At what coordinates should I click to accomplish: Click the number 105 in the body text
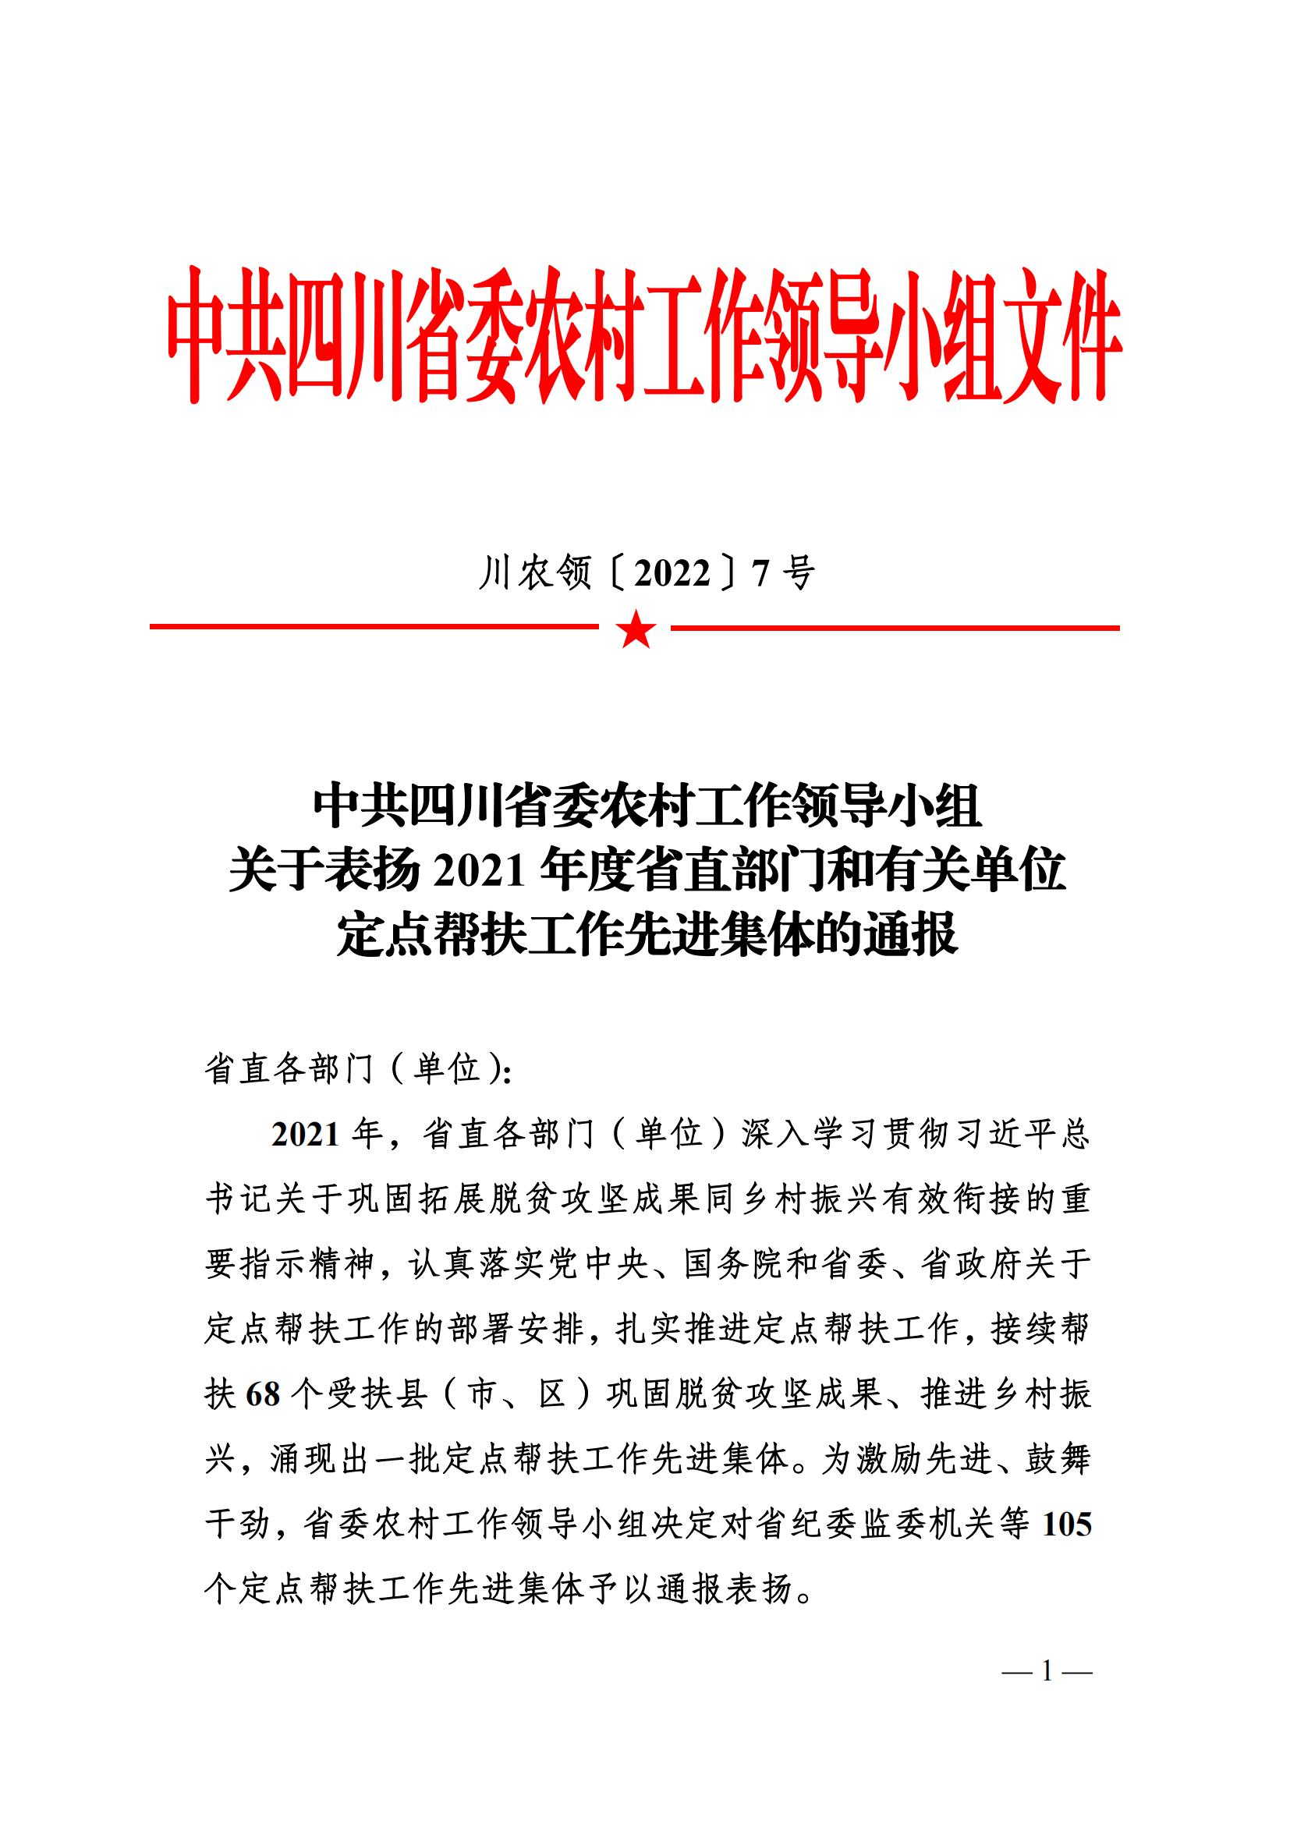coord(1067,1524)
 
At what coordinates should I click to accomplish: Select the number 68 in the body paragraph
coord(264,1395)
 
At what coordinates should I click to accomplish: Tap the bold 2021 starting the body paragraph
coord(307,1135)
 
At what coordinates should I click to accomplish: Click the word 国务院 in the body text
coord(735,1265)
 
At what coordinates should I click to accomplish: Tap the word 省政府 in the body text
coord(972,1265)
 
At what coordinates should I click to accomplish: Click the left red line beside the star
coord(374,628)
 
